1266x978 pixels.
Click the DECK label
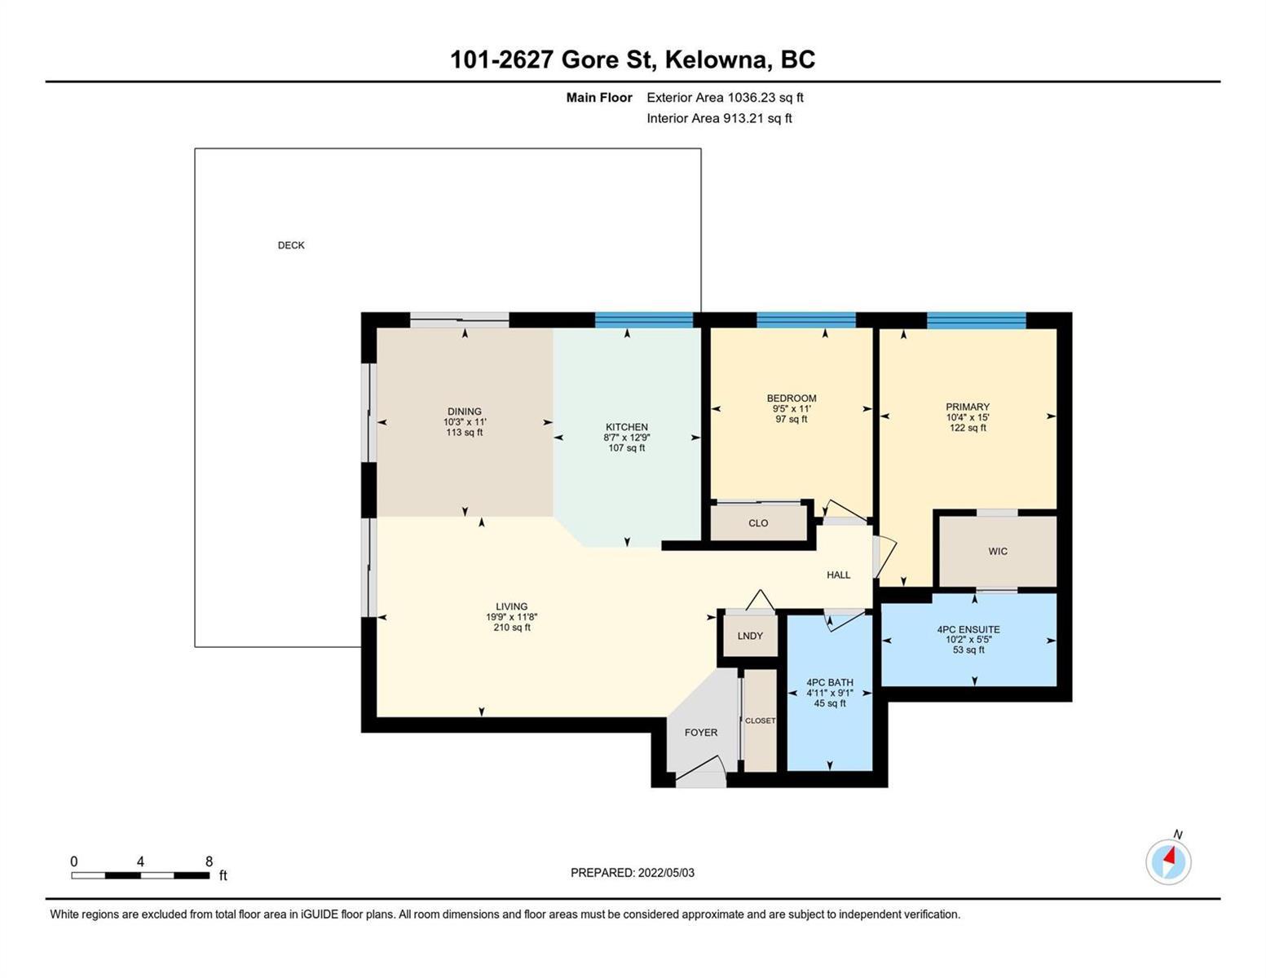point(291,245)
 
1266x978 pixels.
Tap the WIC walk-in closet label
point(998,551)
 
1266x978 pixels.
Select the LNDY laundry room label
point(750,636)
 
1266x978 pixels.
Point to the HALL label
point(838,575)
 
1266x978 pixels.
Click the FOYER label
point(701,732)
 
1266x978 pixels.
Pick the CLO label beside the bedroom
point(758,523)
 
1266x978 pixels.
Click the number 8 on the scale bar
point(210,861)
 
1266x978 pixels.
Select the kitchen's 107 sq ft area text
point(626,448)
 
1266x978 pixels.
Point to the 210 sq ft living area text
point(511,628)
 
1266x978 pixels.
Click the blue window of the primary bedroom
point(976,320)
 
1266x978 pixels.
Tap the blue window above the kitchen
point(644,320)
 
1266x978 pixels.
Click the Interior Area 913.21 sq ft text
point(719,118)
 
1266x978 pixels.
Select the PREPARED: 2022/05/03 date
point(632,873)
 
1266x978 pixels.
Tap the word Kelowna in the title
point(716,59)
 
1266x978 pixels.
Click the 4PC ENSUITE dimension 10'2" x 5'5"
point(968,639)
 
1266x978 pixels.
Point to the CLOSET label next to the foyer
point(761,720)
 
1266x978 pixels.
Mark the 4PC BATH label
point(830,682)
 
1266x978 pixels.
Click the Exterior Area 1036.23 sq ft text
point(725,97)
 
